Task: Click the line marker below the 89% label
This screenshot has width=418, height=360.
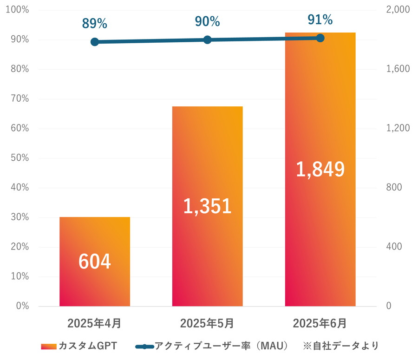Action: pyautogui.click(x=95, y=42)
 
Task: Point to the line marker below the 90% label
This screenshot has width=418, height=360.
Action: pyautogui.click(x=207, y=39)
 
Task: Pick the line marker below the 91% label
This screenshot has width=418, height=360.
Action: pyautogui.click(x=320, y=38)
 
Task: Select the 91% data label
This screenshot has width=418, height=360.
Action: pyautogui.click(x=320, y=20)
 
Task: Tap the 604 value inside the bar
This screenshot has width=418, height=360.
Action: pyautogui.click(x=95, y=262)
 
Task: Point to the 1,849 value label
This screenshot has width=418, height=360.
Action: pyautogui.click(x=320, y=170)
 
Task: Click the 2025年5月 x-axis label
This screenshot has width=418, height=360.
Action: pyautogui.click(x=207, y=323)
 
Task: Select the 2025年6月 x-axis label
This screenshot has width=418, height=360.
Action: pyautogui.click(x=320, y=323)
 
